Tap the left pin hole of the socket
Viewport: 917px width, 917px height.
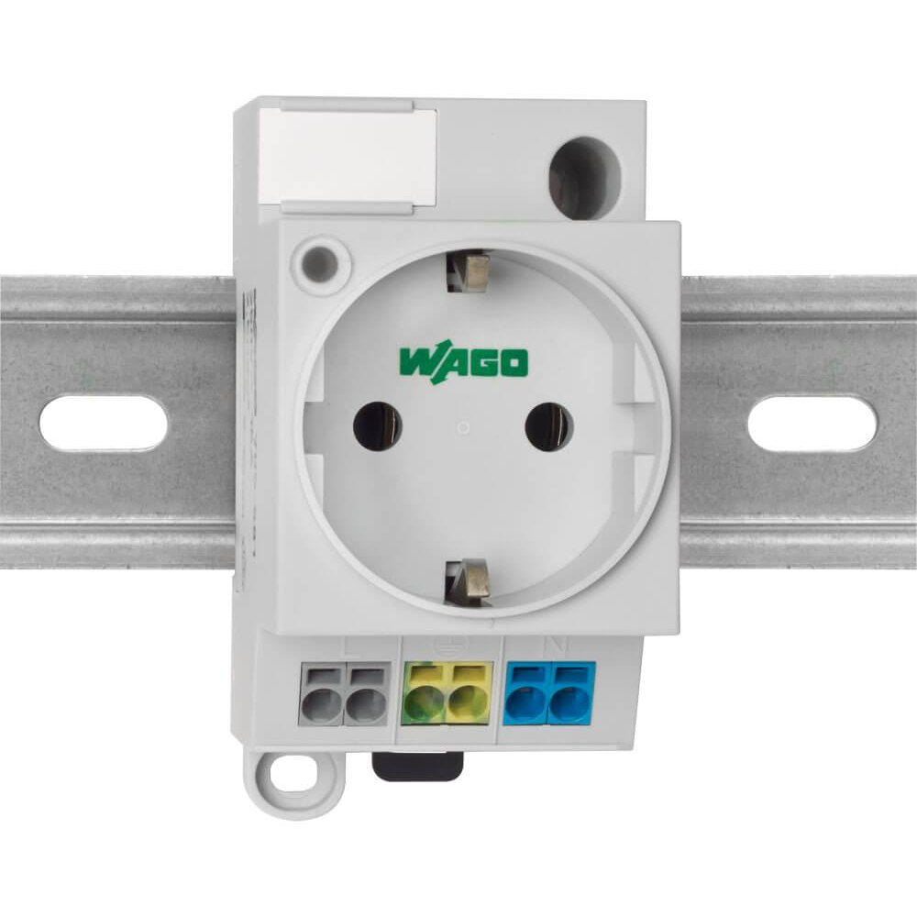tap(377, 426)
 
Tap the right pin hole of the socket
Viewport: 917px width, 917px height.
tap(548, 426)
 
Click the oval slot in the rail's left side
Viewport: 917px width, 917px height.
tap(103, 423)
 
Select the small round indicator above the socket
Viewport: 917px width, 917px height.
tap(320, 255)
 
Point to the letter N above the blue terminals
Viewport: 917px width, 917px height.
tap(549, 645)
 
